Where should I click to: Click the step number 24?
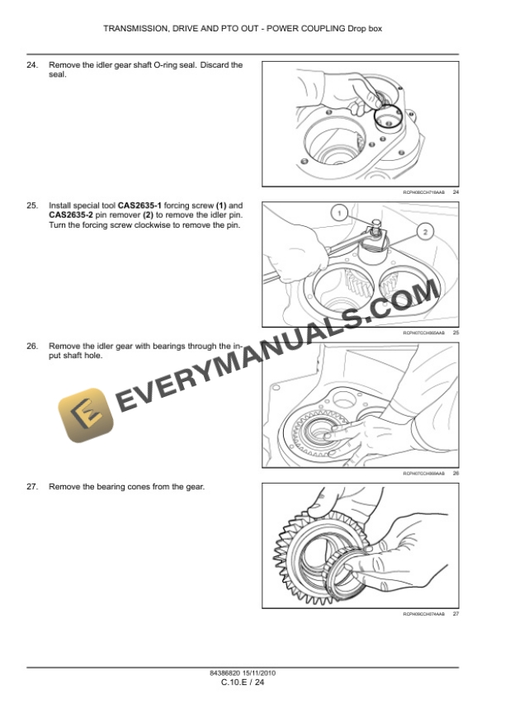(33, 64)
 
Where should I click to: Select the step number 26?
(33, 347)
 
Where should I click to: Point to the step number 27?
(33, 487)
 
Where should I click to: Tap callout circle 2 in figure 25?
(424, 231)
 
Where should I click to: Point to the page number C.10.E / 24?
(243, 682)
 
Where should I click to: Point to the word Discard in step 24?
(211, 64)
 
